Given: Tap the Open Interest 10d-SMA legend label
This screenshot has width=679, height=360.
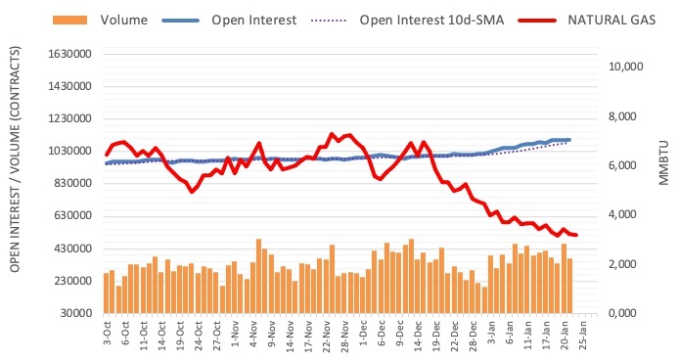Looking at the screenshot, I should [426, 20].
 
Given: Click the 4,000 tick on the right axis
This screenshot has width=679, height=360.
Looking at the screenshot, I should [618, 215].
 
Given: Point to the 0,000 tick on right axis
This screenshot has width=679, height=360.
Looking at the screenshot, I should [618, 313].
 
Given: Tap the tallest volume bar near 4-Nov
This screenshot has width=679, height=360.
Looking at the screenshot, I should [258, 276].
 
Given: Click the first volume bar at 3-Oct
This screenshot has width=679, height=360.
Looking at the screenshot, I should [106, 292].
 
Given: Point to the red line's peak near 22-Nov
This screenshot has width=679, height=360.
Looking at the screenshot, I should [331, 134].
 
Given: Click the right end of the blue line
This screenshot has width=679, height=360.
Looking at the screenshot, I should [569, 140].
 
